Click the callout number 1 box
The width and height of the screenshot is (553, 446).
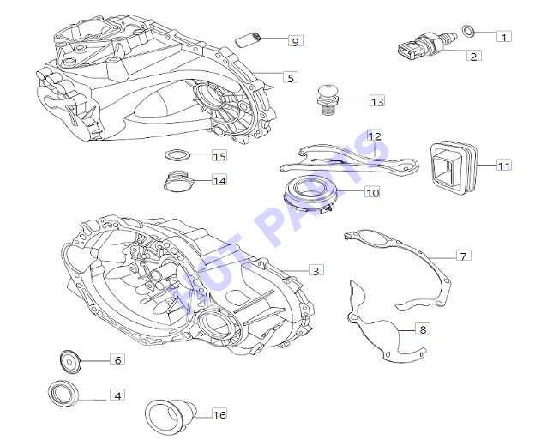click(504, 36)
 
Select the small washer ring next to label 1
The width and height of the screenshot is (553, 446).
click(468, 32)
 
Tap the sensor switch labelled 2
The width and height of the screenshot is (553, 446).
click(427, 47)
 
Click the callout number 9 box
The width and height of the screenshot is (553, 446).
click(296, 41)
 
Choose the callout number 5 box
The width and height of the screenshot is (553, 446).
click(291, 77)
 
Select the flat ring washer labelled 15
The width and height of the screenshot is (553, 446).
click(177, 154)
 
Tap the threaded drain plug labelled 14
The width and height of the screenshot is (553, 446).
click(179, 181)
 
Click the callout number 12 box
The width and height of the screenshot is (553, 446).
click(375, 136)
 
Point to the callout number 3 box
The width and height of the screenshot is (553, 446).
click(316, 270)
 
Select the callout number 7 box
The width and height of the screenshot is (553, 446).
click(463, 255)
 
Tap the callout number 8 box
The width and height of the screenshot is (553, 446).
click(422, 328)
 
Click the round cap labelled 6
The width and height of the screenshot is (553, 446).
click(69, 362)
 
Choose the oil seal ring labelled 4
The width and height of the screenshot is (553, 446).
click(63, 394)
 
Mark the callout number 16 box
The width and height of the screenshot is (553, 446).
click(219, 414)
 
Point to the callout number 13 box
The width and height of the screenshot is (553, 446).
click(376, 101)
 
